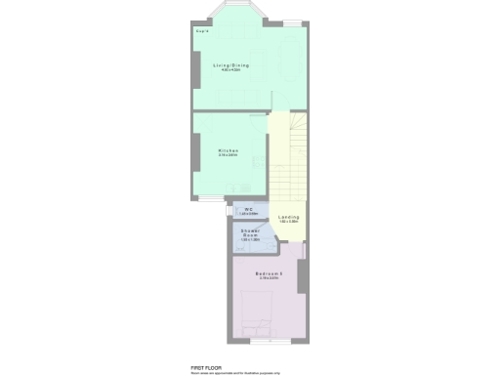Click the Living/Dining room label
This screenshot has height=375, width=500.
[231, 65]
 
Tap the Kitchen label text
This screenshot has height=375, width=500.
[229, 150]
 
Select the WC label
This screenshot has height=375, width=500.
[250, 208]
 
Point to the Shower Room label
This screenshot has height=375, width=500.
[250, 232]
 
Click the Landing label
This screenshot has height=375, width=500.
[288, 217]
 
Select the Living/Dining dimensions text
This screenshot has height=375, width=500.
[231, 71]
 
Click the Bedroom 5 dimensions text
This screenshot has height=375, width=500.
[268, 279]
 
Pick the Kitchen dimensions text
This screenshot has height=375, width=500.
[229, 155]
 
